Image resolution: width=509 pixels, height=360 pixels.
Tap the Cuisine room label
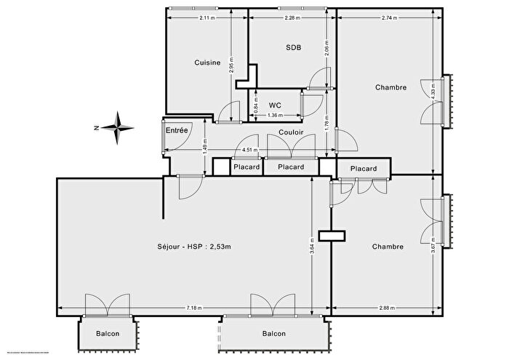[x=207, y=63]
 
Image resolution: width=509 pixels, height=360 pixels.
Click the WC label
[x=275, y=105]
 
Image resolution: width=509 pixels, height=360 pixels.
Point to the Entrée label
[x=177, y=130]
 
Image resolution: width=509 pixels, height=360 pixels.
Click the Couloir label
[x=291, y=132]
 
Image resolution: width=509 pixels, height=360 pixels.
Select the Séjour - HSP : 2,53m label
[x=193, y=247]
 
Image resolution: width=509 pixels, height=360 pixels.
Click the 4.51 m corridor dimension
[x=248, y=151]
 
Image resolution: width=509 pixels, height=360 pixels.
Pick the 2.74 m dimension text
[x=390, y=17]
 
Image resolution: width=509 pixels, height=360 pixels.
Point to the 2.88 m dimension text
[x=387, y=308]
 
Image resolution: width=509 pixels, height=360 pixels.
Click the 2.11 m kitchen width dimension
[x=206, y=17]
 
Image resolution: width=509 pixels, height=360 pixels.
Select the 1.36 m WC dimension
[x=275, y=116]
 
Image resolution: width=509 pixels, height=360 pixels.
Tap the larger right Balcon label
[x=273, y=334]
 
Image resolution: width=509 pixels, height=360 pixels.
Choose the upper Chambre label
[x=390, y=88]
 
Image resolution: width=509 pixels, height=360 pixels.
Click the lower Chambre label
[x=388, y=247]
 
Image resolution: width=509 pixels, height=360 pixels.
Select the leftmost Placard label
[x=246, y=167]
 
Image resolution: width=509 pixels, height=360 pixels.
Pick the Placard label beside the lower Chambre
[x=364, y=169]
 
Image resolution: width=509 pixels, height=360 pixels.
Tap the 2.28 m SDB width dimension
[x=292, y=17]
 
